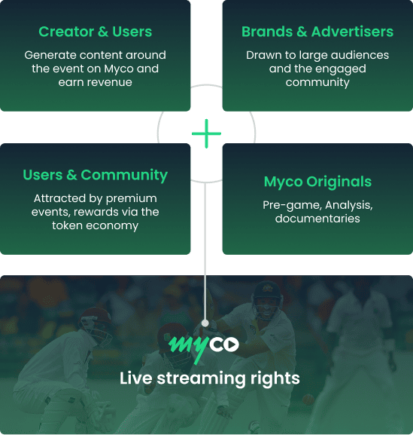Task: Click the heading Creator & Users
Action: click(x=96, y=32)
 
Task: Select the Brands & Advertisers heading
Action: click(x=317, y=32)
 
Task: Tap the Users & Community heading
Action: click(x=96, y=176)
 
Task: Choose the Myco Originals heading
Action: click(x=317, y=182)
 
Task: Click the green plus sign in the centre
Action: click(x=206, y=133)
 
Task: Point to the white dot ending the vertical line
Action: click(x=205, y=323)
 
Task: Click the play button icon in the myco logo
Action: click(x=231, y=345)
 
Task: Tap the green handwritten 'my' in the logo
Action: click(x=189, y=348)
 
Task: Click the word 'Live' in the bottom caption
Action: click(x=135, y=378)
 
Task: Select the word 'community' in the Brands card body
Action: click(x=317, y=83)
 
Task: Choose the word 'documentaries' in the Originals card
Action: click(x=317, y=219)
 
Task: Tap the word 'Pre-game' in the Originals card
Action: click(x=292, y=205)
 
